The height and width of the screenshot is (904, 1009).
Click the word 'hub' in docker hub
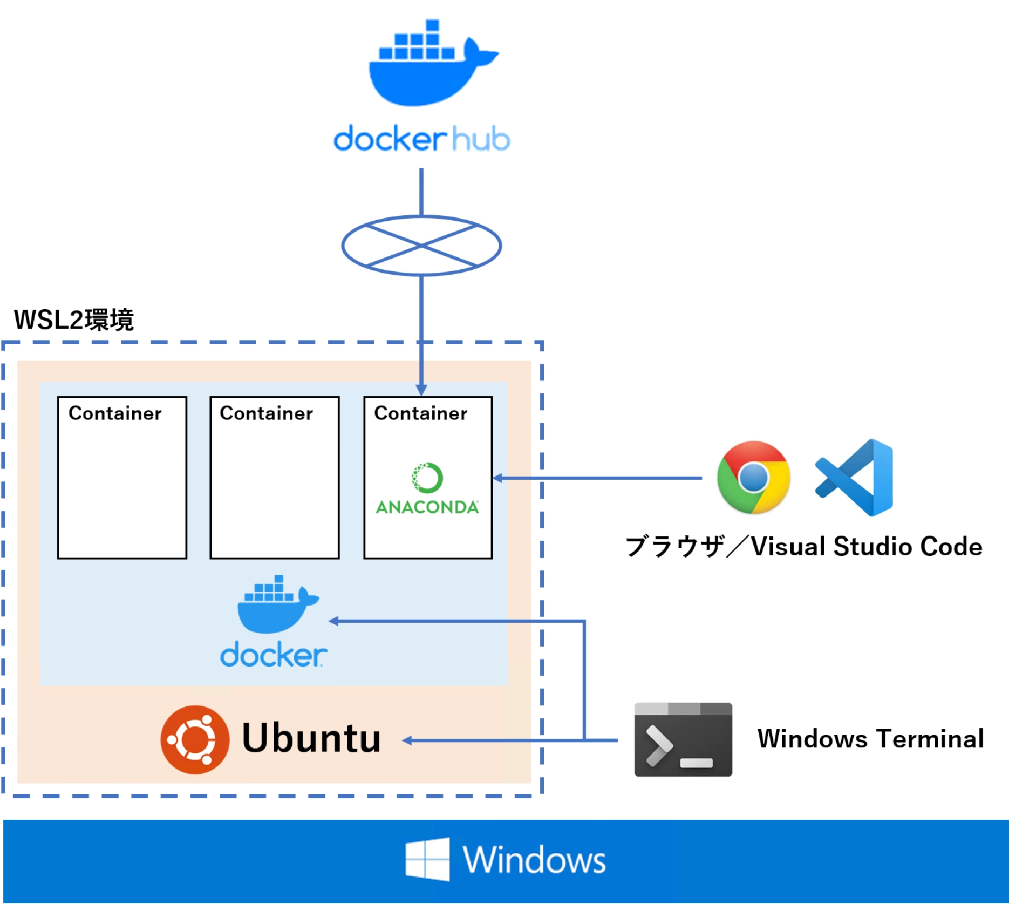[x=480, y=139]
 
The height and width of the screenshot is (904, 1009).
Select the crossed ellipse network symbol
[x=421, y=246]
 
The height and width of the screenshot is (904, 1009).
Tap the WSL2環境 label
[x=74, y=320]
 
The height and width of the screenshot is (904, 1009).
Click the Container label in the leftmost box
[x=115, y=413]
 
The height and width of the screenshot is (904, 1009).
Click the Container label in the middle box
[x=266, y=413]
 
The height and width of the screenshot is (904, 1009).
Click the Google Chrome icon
[x=753, y=478]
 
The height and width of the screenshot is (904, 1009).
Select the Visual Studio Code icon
[x=856, y=478]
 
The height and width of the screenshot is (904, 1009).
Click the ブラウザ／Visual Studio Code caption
[x=803, y=546]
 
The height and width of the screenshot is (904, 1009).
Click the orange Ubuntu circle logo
[x=195, y=739]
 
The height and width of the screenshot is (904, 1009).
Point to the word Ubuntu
[x=311, y=738]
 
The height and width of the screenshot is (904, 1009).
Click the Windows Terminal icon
[x=683, y=739]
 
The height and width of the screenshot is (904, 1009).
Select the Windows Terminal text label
[x=870, y=738]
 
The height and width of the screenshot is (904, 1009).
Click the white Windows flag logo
[x=428, y=859]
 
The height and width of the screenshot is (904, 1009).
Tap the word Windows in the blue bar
[x=534, y=859]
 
